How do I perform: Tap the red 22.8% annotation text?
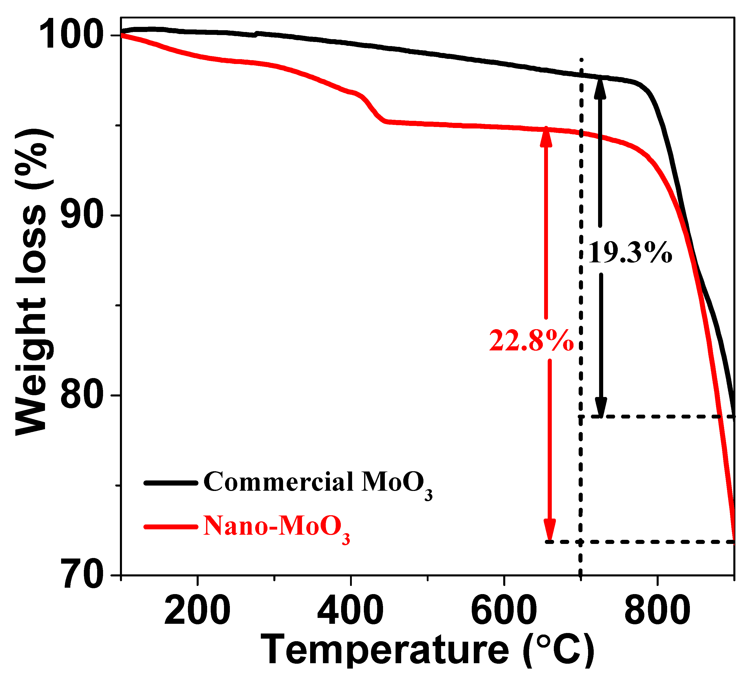(531, 341)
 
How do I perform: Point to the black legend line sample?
(171, 483)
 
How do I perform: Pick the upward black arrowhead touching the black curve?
(600, 87)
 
